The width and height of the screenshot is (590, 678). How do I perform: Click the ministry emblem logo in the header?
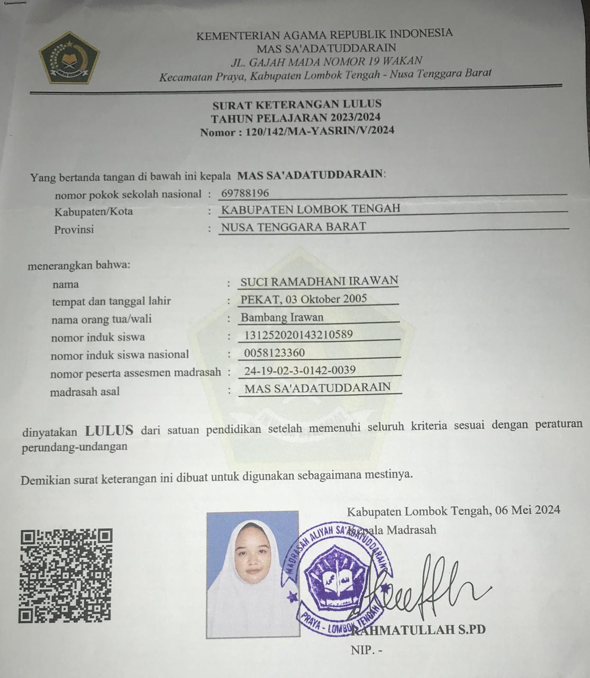tap(69, 58)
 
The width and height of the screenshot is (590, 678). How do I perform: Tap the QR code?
tap(66, 576)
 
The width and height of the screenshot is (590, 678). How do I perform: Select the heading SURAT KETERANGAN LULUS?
tap(296, 104)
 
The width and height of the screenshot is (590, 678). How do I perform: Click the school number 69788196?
tap(245, 193)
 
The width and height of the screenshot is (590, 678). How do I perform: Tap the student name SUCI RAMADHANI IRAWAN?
tap(319, 281)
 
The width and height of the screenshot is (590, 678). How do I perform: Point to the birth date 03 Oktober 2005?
tap(326, 299)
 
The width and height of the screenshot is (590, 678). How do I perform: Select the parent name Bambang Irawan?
tap(282, 318)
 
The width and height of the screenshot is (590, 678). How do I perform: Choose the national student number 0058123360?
tap(275, 353)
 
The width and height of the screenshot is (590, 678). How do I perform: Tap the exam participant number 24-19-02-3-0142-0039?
tap(299, 370)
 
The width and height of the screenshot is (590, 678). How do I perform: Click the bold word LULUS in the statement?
tap(110, 430)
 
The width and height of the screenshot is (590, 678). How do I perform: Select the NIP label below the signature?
tap(366, 650)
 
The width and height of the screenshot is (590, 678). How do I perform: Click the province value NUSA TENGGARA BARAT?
tap(293, 227)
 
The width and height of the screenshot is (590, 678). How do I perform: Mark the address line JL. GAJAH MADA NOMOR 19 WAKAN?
tap(326, 61)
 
